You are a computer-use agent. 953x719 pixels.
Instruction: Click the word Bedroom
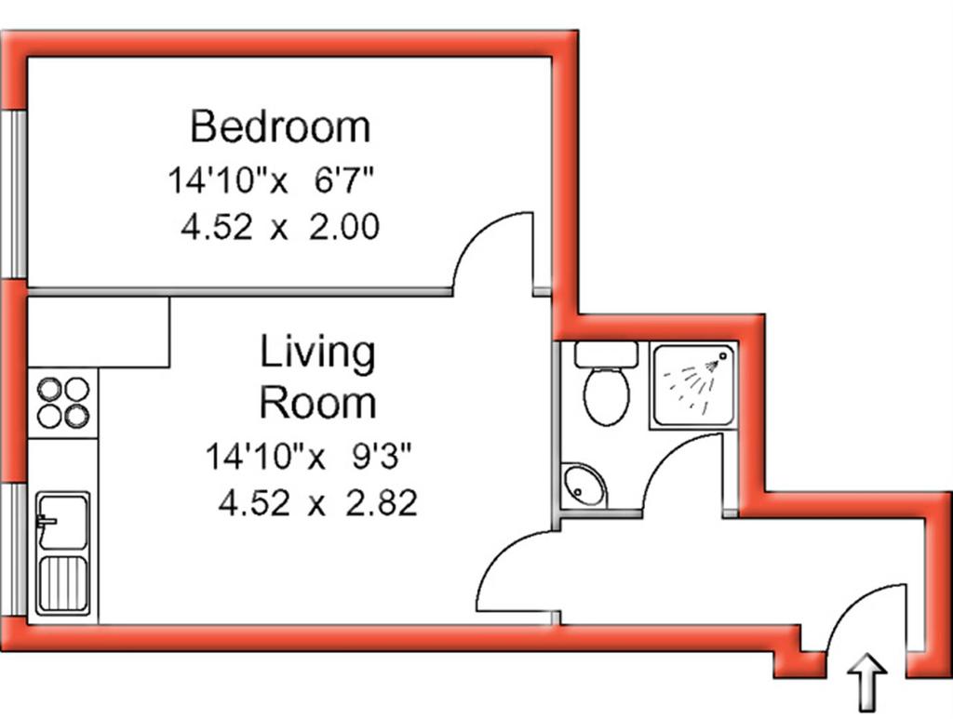(x=280, y=126)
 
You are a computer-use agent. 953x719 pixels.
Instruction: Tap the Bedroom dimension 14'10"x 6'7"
(x=270, y=180)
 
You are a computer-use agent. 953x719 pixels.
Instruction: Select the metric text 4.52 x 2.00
(x=280, y=227)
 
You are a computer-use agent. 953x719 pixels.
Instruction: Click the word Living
(x=317, y=353)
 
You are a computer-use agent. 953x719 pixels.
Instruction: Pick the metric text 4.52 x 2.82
(x=318, y=503)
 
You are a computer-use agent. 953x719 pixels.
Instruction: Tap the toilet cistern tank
(x=606, y=354)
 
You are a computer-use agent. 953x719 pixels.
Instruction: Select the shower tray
(x=692, y=386)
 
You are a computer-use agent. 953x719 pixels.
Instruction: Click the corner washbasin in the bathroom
(x=582, y=486)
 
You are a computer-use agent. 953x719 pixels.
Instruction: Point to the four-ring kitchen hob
(x=63, y=402)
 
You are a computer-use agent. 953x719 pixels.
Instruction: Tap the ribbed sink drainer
(x=63, y=584)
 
